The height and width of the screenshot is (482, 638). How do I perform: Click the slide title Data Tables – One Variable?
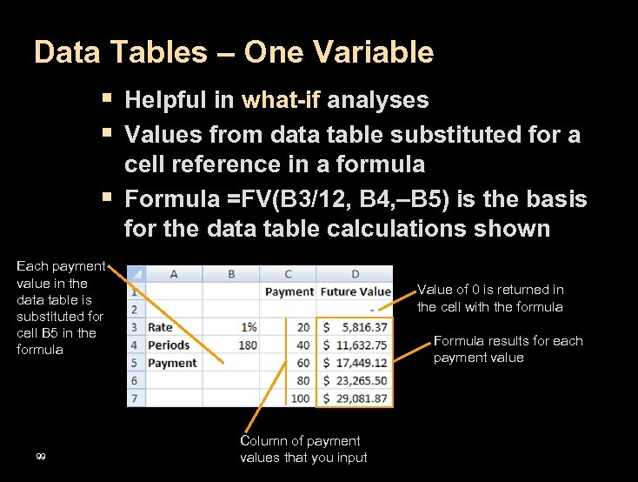point(233,53)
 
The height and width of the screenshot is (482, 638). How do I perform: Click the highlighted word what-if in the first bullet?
point(281,100)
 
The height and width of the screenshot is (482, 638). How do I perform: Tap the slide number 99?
point(41,458)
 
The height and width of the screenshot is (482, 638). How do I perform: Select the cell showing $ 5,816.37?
point(355,327)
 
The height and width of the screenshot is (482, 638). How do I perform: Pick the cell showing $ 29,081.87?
point(355,398)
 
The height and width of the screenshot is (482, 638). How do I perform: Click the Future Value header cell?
point(355,291)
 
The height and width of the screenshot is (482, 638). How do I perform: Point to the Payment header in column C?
point(289,291)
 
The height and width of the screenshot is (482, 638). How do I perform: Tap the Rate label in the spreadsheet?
point(160,327)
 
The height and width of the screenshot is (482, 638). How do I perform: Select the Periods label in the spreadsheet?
point(168,345)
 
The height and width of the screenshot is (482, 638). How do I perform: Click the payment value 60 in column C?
point(302,363)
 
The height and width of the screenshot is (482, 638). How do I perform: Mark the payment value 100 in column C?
point(300,398)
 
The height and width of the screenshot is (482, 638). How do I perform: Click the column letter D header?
point(355,274)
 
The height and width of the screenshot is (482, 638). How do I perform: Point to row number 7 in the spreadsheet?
point(135,398)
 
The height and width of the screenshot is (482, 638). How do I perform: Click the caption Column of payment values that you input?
point(303,449)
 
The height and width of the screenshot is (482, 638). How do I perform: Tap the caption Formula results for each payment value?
point(508,349)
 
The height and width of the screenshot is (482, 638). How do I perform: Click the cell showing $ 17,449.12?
point(355,363)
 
